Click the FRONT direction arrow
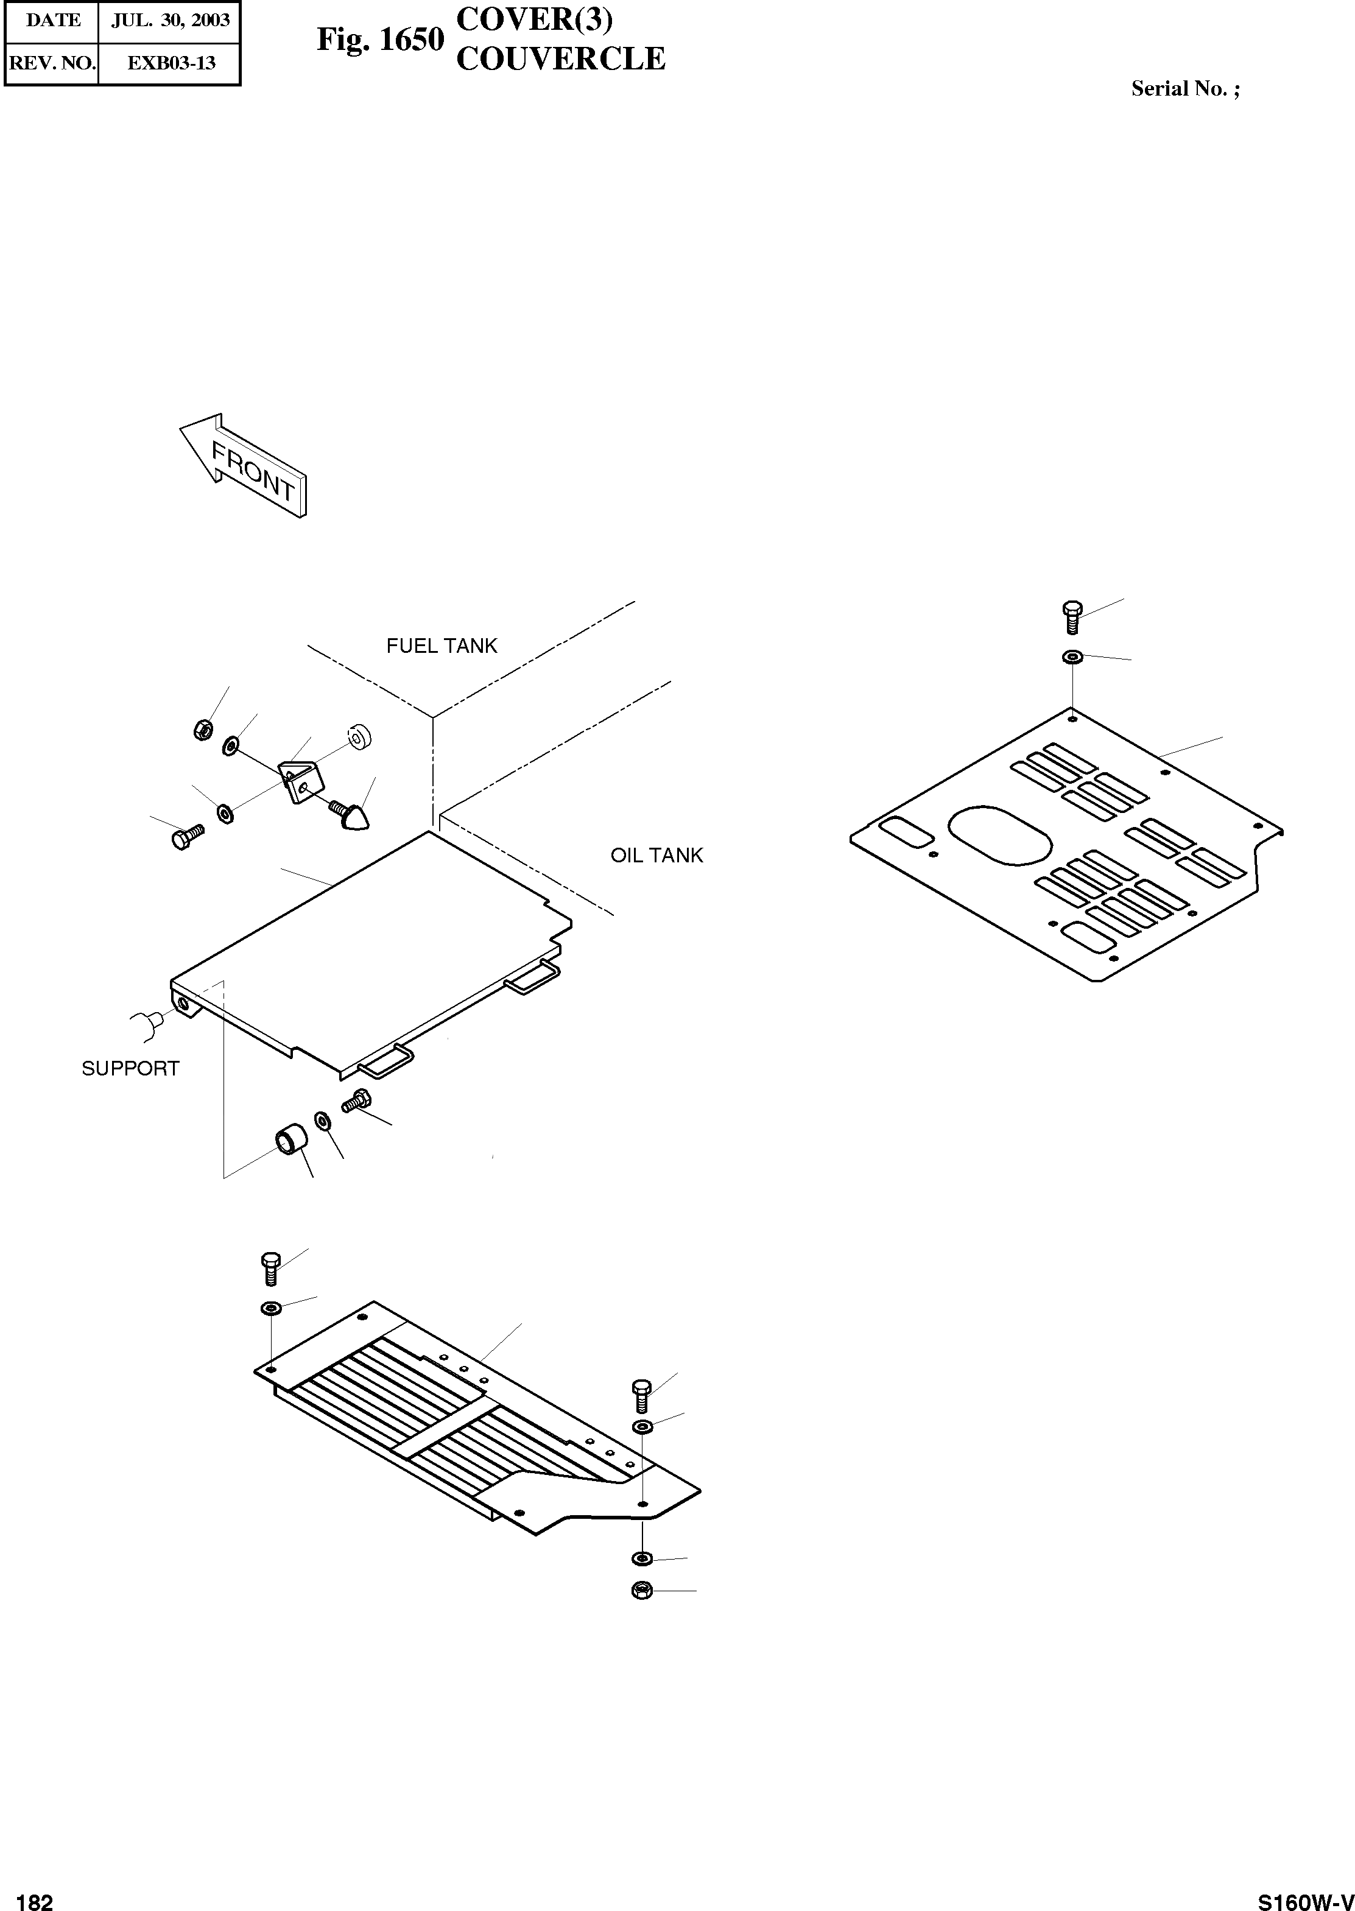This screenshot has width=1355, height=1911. [242, 467]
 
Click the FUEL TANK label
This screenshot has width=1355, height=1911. [442, 646]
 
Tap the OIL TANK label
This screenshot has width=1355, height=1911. [656, 856]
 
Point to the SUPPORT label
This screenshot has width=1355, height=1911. [130, 1069]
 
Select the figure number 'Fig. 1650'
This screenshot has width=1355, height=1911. [379, 39]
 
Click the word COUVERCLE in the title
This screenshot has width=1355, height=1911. [561, 59]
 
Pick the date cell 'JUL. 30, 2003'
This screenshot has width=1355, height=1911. [170, 21]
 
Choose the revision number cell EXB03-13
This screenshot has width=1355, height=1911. [170, 63]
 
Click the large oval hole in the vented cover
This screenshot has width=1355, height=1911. [999, 834]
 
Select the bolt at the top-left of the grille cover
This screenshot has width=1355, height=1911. [270, 1269]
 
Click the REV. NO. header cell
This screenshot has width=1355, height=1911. [52, 63]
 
